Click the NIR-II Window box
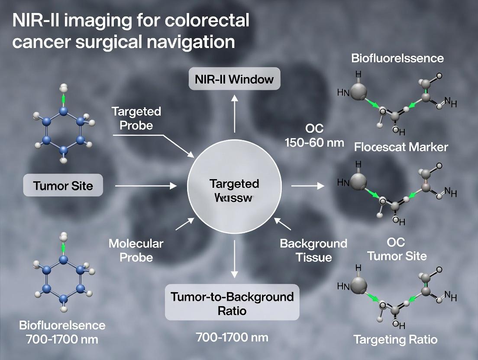coord(234,80)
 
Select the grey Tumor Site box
coord(63,186)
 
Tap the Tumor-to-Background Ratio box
coord(232,303)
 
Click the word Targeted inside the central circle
coord(234,183)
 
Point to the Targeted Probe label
coord(136,118)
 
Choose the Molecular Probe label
coord(136,250)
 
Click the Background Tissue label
coord(313,250)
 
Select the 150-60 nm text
coord(314,142)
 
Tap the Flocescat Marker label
coord(401,147)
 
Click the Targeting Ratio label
coord(395,339)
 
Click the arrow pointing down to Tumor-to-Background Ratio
coord(234,259)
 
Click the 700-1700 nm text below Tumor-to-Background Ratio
coord(232,337)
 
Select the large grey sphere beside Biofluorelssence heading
coord(358,92)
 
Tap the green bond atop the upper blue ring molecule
coord(64,99)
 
